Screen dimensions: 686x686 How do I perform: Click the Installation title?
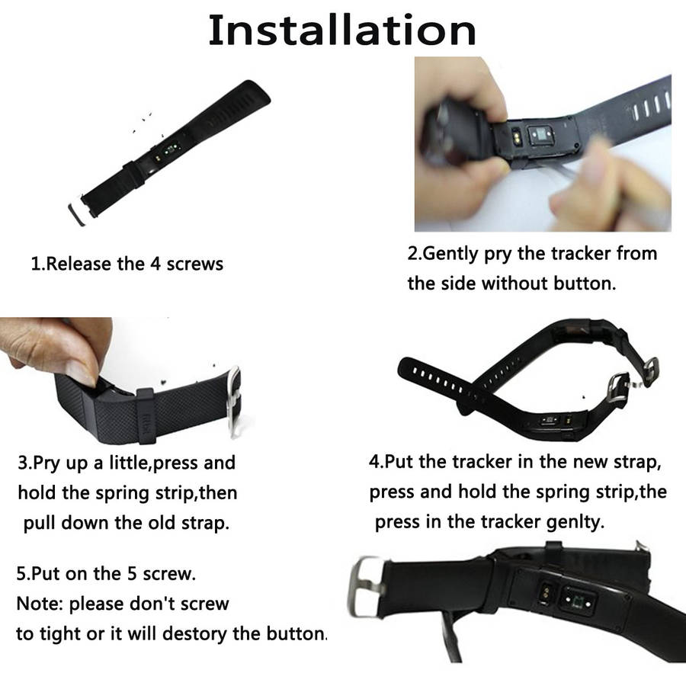342,30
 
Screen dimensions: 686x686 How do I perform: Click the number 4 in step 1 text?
155,264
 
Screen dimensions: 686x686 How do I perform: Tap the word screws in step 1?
194,264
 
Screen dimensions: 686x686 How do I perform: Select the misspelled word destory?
194,634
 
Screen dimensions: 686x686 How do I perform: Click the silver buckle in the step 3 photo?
234,401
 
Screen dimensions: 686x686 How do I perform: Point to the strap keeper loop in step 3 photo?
146,415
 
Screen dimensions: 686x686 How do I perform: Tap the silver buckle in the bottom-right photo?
365,586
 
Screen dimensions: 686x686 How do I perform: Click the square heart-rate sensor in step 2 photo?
541,136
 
